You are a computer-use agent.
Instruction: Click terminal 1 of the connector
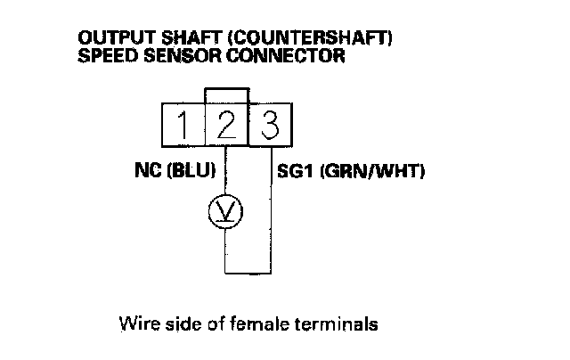[x=182, y=125]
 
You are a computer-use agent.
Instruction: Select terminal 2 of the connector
[x=225, y=125]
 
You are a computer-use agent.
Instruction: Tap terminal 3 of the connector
[x=269, y=125]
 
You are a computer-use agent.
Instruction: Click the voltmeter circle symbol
[x=224, y=210]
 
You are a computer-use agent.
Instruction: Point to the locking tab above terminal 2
[x=225, y=95]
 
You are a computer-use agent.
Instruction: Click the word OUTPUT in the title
[x=108, y=40]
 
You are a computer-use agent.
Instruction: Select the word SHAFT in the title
[x=167, y=40]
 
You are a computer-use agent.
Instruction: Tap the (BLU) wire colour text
[x=191, y=170]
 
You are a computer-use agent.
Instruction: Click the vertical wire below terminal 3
[x=269, y=214]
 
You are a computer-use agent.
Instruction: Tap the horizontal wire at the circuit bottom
[x=247, y=272]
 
